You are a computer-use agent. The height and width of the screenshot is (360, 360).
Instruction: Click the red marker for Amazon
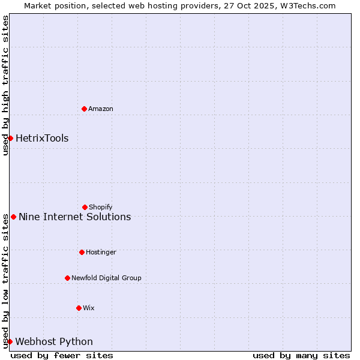click(x=84, y=109)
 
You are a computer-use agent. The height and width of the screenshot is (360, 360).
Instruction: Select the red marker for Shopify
click(x=85, y=207)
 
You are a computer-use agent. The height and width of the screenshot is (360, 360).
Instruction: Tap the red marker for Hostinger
click(x=82, y=252)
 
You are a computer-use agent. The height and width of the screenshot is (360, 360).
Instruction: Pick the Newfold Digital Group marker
click(x=67, y=278)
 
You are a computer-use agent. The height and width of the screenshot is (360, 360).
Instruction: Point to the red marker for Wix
click(x=79, y=308)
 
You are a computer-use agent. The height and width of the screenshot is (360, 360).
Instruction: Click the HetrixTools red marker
click(x=10, y=138)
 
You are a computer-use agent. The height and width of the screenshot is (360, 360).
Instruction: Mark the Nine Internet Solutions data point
click(x=13, y=217)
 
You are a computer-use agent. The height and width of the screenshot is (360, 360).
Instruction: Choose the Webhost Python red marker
click(x=10, y=341)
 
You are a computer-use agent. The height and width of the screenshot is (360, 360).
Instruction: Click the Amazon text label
click(x=101, y=109)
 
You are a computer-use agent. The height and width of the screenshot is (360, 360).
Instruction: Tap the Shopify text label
click(x=101, y=207)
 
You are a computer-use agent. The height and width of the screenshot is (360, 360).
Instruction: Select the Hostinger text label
click(x=101, y=252)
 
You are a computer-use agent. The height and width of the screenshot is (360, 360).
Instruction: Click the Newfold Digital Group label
click(x=106, y=278)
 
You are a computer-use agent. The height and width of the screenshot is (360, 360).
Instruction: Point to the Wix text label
click(x=89, y=308)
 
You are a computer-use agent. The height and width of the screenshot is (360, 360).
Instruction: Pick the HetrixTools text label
click(x=42, y=138)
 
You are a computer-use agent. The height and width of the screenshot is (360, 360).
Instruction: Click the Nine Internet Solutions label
click(x=75, y=217)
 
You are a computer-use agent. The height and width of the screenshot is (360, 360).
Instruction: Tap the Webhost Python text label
click(x=54, y=341)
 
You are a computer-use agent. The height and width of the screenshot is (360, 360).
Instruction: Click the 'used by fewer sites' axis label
click(x=62, y=355)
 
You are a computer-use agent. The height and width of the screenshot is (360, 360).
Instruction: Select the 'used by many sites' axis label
click(x=301, y=355)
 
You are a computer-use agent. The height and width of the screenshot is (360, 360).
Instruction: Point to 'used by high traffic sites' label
click(x=5, y=85)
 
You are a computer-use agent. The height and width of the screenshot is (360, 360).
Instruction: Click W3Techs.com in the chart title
click(x=307, y=5)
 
